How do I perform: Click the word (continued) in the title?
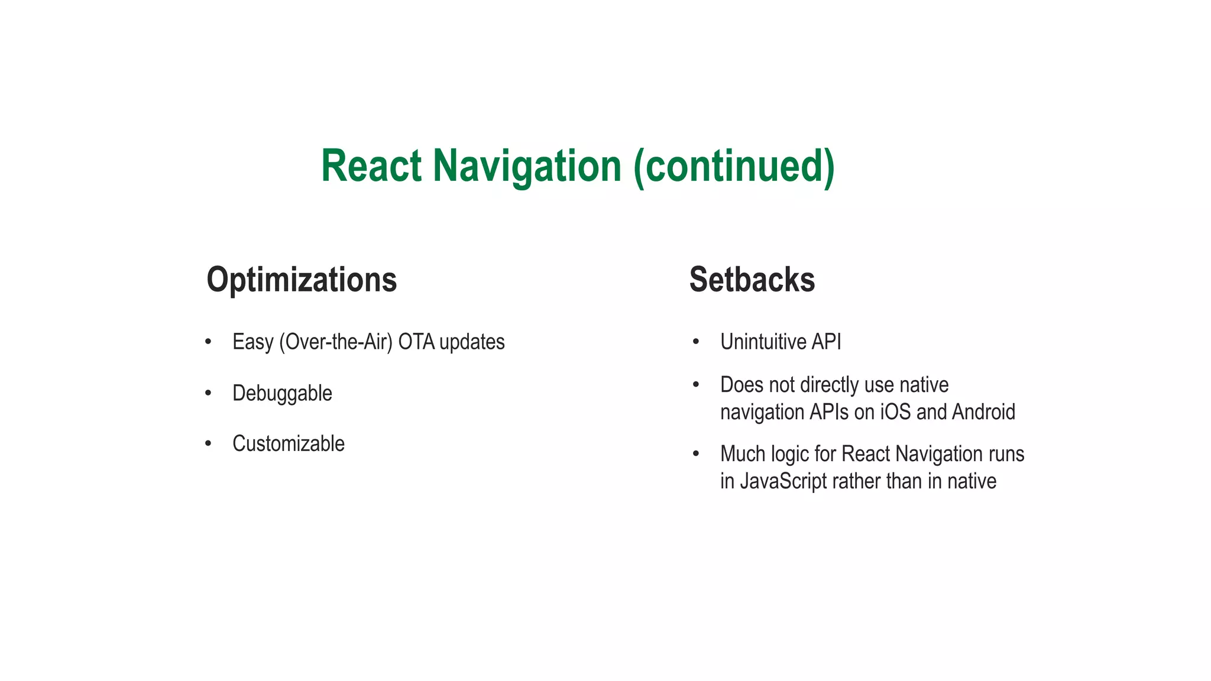[x=734, y=167]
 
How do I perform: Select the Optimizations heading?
[x=302, y=280]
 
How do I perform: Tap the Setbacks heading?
[x=752, y=280]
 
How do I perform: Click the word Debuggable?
[x=282, y=394]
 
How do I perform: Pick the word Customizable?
[x=288, y=443]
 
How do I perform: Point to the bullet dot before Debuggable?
[x=208, y=393]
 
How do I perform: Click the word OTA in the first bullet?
[x=416, y=342]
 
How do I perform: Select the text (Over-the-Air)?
[x=335, y=342]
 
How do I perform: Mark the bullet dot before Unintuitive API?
[x=696, y=342]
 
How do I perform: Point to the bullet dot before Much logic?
[x=696, y=453]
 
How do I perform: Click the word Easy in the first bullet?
[x=252, y=342]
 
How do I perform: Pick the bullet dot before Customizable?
[x=208, y=443]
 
